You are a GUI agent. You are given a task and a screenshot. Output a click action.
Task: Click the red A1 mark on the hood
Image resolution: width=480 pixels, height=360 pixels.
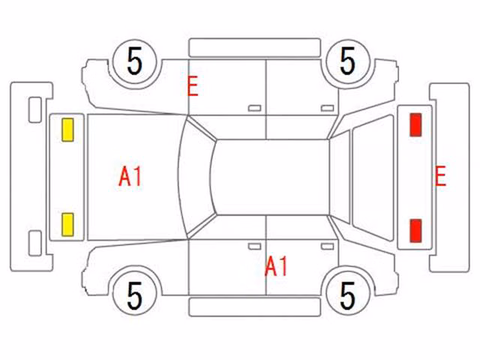(x=130, y=177)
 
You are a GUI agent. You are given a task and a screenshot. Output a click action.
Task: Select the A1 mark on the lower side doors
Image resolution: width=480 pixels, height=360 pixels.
(x=276, y=266)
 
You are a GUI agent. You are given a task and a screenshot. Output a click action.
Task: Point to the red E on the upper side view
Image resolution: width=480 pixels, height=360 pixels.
(x=193, y=86)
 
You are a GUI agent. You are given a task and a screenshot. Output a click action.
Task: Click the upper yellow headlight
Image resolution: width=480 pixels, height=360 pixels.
(x=67, y=130)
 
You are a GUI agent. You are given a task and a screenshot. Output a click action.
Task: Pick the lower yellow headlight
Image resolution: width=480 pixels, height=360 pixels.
(x=67, y=225)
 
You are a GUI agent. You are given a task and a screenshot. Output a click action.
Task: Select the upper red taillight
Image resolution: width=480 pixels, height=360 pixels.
(x=415, y=124)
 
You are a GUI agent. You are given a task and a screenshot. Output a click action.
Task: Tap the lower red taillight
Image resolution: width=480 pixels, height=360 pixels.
(x=415, y=230)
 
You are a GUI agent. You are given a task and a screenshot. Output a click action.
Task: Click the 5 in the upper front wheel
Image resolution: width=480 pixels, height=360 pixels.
(x=135, y=61)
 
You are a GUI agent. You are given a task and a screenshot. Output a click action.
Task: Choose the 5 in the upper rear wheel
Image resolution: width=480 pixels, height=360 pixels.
(x=348, y=61)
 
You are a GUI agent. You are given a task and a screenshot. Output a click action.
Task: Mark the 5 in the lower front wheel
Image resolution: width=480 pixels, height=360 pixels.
(x=135, y=295)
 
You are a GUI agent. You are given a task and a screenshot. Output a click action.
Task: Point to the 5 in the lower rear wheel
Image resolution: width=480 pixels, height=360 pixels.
(x=348, y=295)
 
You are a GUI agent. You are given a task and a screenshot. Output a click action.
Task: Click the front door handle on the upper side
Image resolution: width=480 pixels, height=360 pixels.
(x=255, y=108)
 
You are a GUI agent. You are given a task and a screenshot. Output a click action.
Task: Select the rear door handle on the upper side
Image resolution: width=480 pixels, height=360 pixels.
(x=328, y=108)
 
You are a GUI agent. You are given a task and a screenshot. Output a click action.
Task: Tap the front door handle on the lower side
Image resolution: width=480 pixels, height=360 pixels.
(x=255, y=247)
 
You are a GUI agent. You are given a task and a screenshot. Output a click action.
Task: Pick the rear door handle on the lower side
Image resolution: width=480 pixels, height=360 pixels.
(x=328, y=247)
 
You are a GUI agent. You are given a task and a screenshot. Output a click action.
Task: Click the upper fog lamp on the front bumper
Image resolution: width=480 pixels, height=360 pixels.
(x=35, y=110)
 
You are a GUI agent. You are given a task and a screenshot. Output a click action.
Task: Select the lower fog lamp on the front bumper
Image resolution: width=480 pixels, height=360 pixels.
(x=35, y=243)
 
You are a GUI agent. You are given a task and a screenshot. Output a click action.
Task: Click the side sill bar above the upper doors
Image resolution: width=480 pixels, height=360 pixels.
(x=255, y=48)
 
